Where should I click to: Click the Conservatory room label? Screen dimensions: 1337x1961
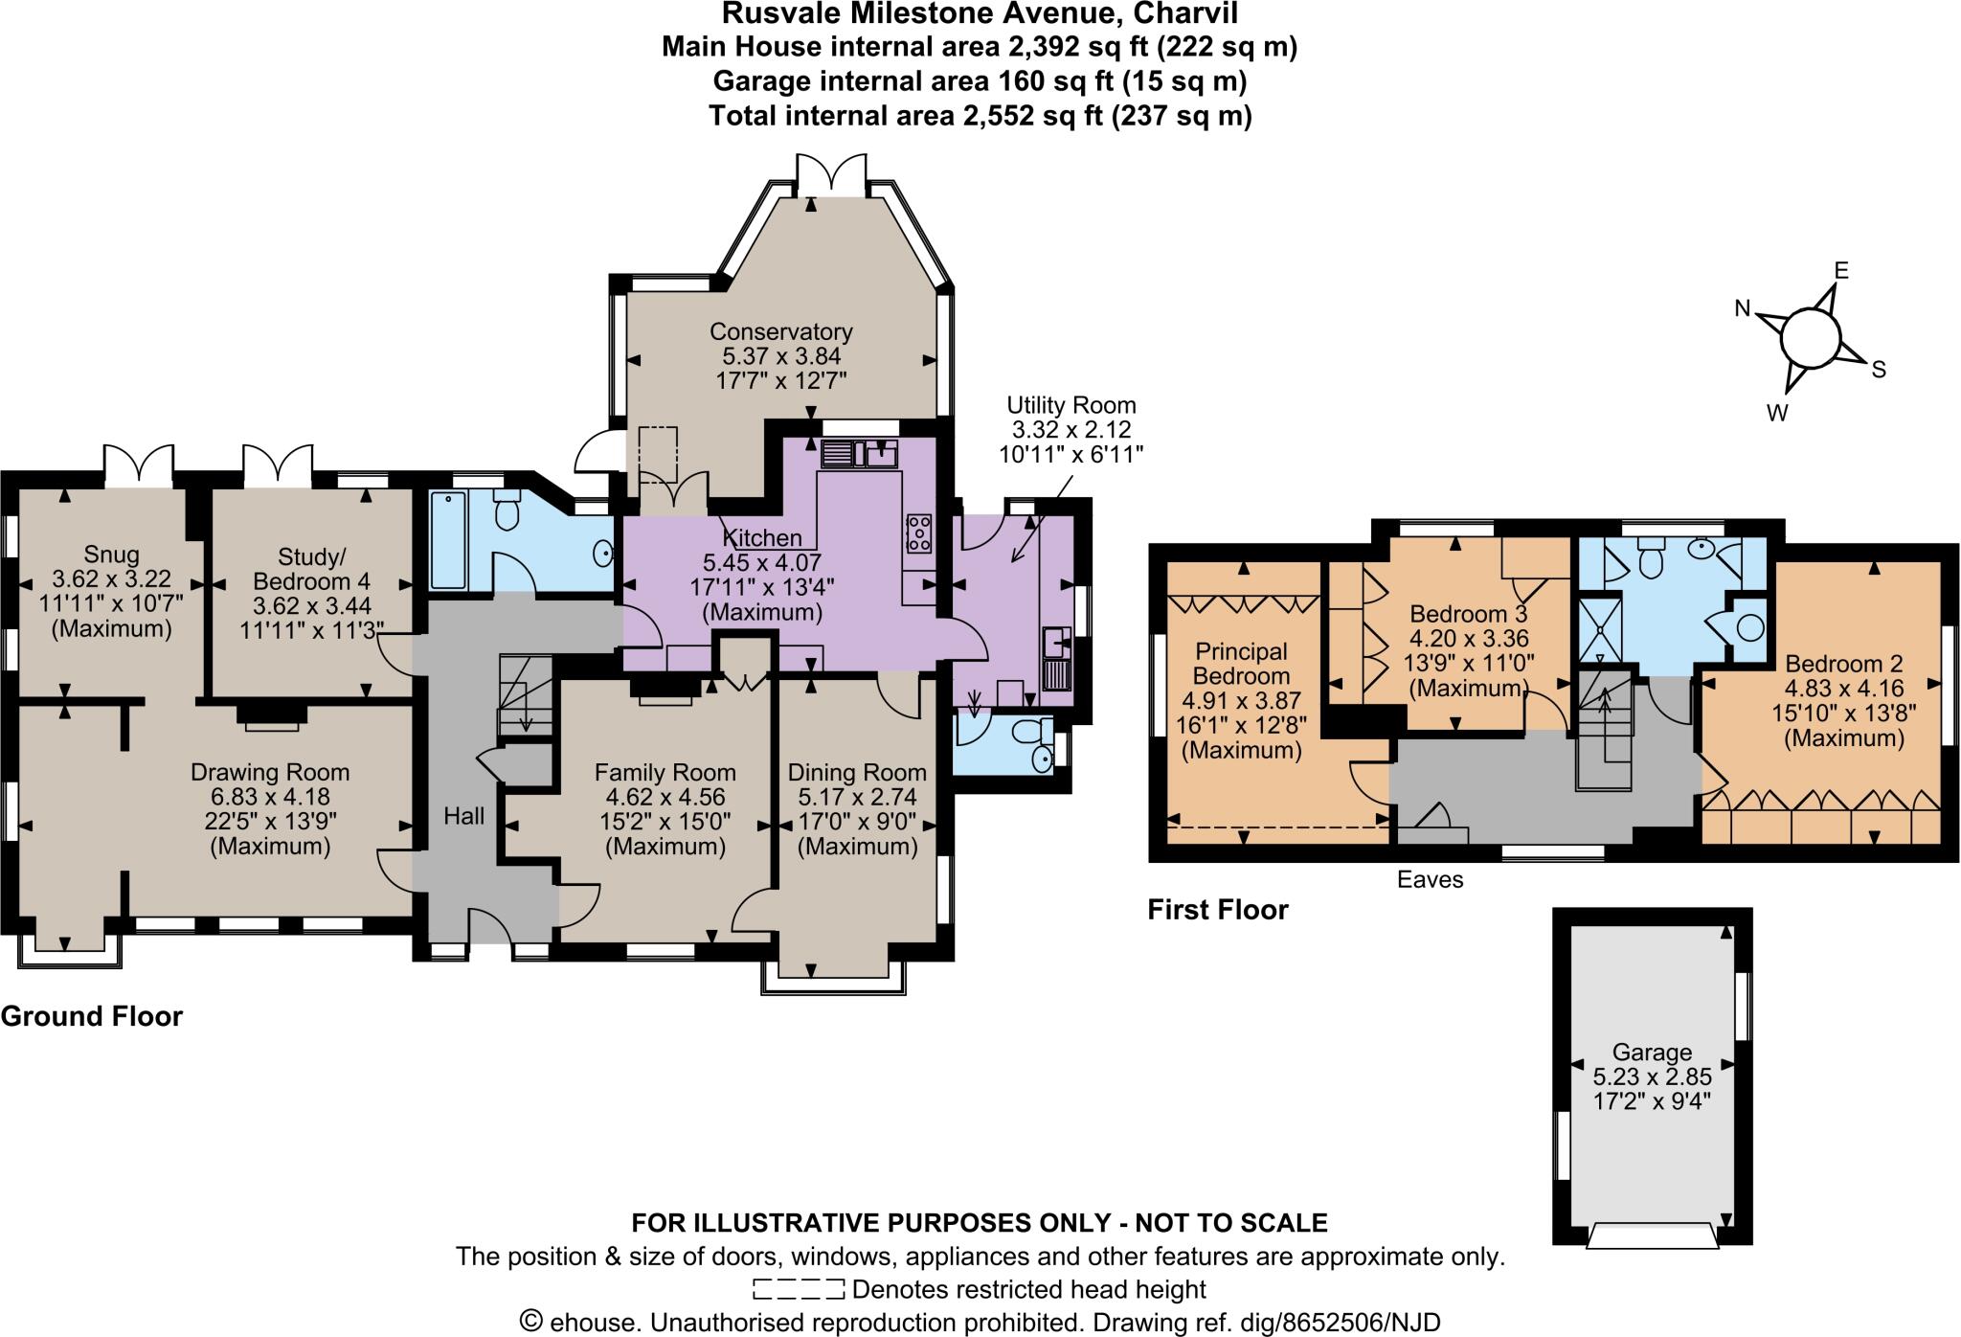[x=780, y=332]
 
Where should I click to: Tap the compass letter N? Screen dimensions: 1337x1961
[x=1743, y=308]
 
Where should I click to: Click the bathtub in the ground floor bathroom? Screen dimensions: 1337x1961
[x=448, y=539]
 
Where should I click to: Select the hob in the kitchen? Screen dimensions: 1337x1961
[x=919, y=533]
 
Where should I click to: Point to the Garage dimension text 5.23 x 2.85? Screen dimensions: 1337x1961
[x=1652, y=1077]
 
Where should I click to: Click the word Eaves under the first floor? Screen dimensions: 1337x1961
[x=1430, y=879]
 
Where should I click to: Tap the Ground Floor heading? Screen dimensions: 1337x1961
[x=92, y=1016]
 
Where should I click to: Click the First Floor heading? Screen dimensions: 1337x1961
[x=1218, y=910]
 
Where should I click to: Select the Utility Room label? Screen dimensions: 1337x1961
[x=1071, y=405]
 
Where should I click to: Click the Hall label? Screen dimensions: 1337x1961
[x=464, y=816]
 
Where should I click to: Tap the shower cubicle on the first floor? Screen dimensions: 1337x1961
[x=1599, y=628]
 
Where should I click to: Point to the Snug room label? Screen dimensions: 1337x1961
[x=111, y=555]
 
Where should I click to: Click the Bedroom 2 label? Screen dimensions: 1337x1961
[x=1843, y=664]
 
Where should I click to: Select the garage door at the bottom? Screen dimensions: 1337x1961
[x=1652, y=1235]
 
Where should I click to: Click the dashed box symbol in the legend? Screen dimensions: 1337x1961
[x=799, y=1289]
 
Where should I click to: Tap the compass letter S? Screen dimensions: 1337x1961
[x=1878, y=370]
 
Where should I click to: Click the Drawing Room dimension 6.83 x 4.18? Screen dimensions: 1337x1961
[x=269, y=797]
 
